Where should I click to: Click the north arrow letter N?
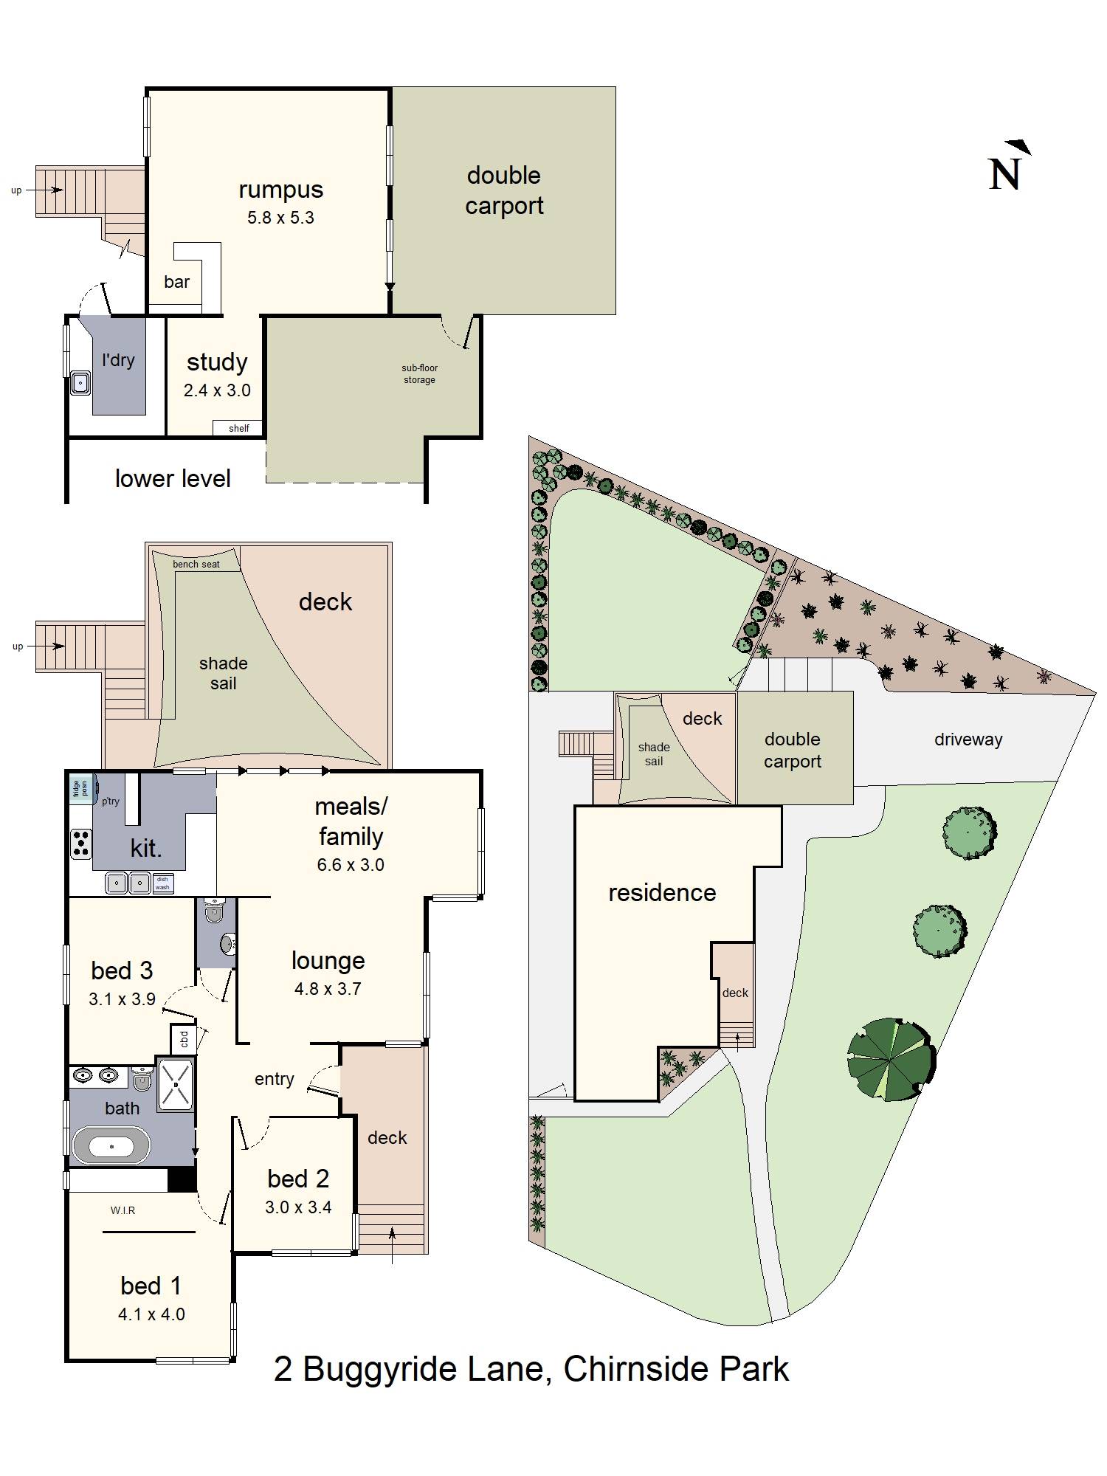1004,175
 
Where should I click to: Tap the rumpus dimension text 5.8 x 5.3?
281,218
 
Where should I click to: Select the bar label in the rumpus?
177,282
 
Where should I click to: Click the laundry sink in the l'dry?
80,384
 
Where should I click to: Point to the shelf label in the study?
239,428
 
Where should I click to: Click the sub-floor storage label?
419,373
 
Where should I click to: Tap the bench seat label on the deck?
196,565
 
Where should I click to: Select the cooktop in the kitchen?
81,844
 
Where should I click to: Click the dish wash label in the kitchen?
162,883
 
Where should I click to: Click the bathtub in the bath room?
111,1146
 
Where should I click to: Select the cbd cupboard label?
184,1040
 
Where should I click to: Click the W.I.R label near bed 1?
123,1210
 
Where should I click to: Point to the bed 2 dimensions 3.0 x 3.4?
298,1207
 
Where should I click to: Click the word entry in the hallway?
275,1079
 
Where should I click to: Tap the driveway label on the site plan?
968,739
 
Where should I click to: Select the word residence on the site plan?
662,893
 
